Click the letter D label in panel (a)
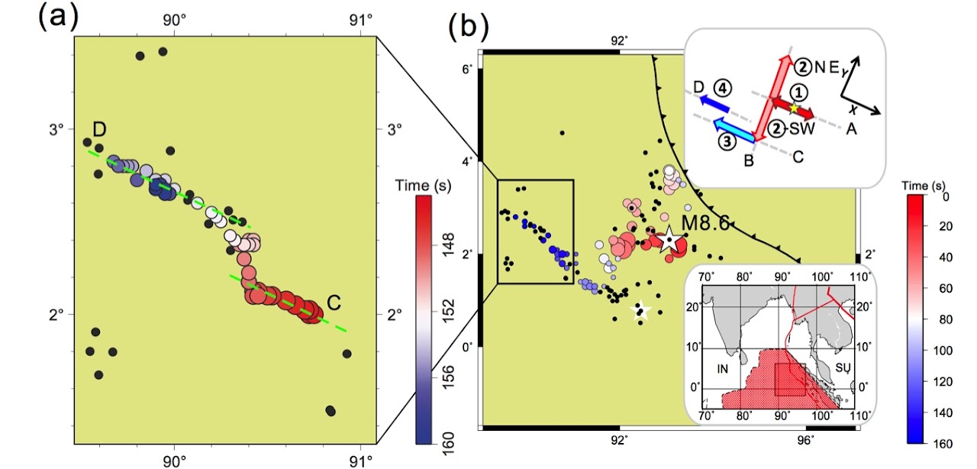99,129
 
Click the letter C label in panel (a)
334,302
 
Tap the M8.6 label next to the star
705,223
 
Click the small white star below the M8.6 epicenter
640,310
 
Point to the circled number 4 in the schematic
723,89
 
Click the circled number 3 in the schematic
727,141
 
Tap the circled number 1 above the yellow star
798,92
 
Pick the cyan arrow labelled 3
734,129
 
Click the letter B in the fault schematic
749,160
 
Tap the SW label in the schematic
802,128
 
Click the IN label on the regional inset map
723,369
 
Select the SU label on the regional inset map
843,367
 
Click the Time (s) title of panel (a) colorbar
423,186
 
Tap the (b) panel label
469,27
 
